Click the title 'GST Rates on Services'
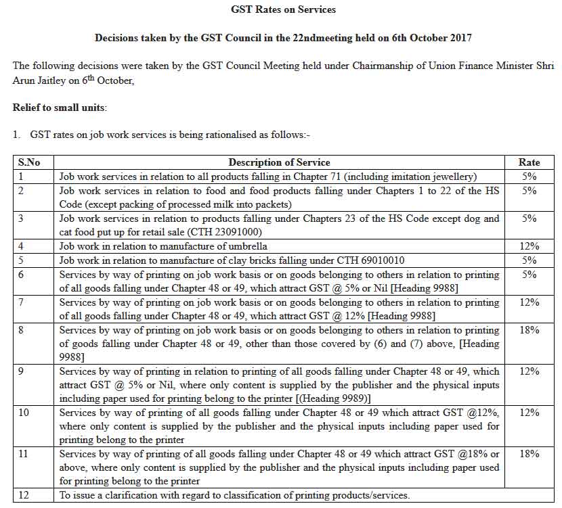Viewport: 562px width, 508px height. click(x=283, y=9)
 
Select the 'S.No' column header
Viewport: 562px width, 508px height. click(x=29, y=162)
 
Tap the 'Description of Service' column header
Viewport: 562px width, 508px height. click(x=279, y=162)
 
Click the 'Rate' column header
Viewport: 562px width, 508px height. click(x=529, y=162)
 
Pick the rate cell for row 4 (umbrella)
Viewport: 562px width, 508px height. click(x=529, y=246)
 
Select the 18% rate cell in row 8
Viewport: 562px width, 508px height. click(x=529, y=330)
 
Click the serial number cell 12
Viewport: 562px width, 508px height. click(x=24, y=495)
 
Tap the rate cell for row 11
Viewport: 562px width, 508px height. click(x=529, y=455)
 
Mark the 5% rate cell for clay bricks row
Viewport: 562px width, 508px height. click(x=529, y=260)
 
